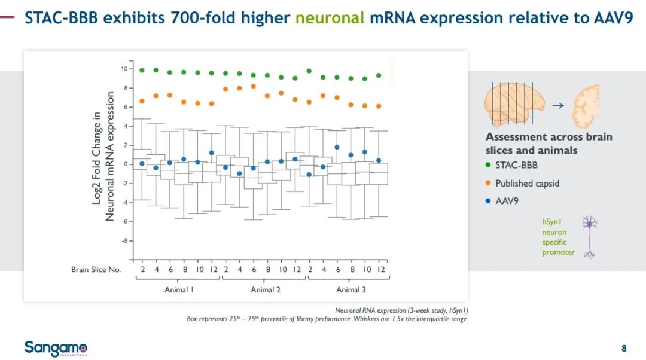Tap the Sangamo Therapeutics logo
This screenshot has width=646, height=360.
(56, 348)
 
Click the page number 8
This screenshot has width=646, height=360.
(624, 349)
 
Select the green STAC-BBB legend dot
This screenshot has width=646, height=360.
(489, 165)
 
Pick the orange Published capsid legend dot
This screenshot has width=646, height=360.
(489, 183)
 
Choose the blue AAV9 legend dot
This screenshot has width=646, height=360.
(489, 201)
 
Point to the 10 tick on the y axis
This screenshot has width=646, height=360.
(124, 69)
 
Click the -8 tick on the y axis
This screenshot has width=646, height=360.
(124, 241)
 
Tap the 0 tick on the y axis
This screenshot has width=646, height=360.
(125, 164)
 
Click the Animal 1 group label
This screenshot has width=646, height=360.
(179, 290)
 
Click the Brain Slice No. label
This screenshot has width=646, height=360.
(96, 270)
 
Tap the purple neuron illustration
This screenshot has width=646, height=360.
(590, 236)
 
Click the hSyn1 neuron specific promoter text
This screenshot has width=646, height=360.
(557, 237)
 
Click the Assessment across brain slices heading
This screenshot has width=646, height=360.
(549, 143)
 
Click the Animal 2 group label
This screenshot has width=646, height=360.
(266, 290)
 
